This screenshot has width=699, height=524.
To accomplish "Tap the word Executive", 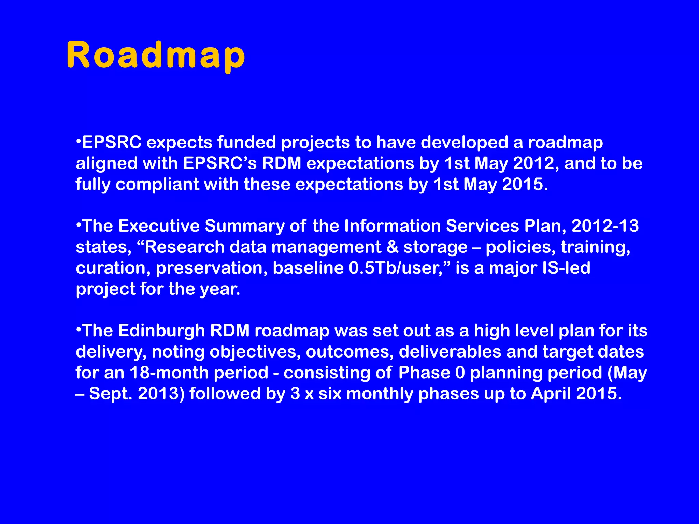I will (x=159, y=226).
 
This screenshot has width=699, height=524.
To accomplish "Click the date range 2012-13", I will (x=605, y=226).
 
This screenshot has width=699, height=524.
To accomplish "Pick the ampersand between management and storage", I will (x=393, y=247).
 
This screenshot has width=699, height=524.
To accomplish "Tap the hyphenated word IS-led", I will (x=566, y=268).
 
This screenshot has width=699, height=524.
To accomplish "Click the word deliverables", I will (x=450, y=352).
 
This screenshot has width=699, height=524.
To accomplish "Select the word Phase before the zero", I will (x=424, y=373).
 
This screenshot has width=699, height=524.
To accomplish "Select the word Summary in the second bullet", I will (x=244, y=226).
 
